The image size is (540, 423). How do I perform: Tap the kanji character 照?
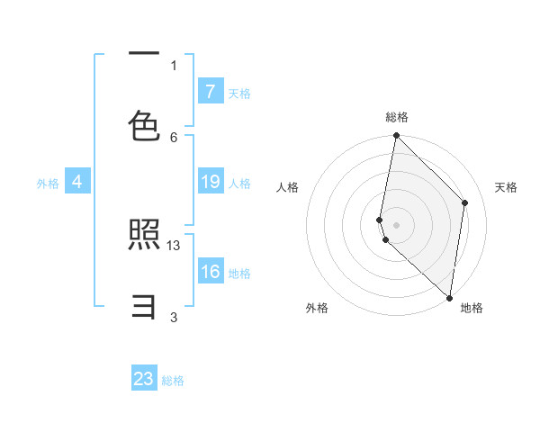pos(144,237)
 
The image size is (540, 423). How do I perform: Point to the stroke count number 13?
pos(174,245)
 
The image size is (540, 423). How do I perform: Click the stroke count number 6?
pos(174,137)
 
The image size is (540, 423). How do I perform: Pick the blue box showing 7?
pos(210,91)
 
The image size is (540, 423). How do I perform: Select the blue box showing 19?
pos(210,182)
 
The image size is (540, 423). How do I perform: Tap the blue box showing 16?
pos(210,271)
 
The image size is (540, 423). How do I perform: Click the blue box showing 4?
pos(77,182)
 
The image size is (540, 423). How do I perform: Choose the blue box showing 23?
pos(144,379)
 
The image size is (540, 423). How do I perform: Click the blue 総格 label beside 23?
pos(174,381)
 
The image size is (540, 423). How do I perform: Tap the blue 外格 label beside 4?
pos(48,184)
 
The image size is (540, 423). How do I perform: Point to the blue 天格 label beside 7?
pos(239,93)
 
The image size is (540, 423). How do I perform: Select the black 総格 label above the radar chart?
pos(397,117)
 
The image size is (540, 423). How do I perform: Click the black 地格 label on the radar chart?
pos(472,308)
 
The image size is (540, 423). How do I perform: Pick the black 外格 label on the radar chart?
pos(317,308)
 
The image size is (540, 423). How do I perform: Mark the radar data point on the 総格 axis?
pos(396,136)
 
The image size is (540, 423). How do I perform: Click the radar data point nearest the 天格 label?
pos(465,202)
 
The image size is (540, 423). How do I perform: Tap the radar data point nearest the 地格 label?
pos(449,298)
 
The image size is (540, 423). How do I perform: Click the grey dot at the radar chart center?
pos(396,224)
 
